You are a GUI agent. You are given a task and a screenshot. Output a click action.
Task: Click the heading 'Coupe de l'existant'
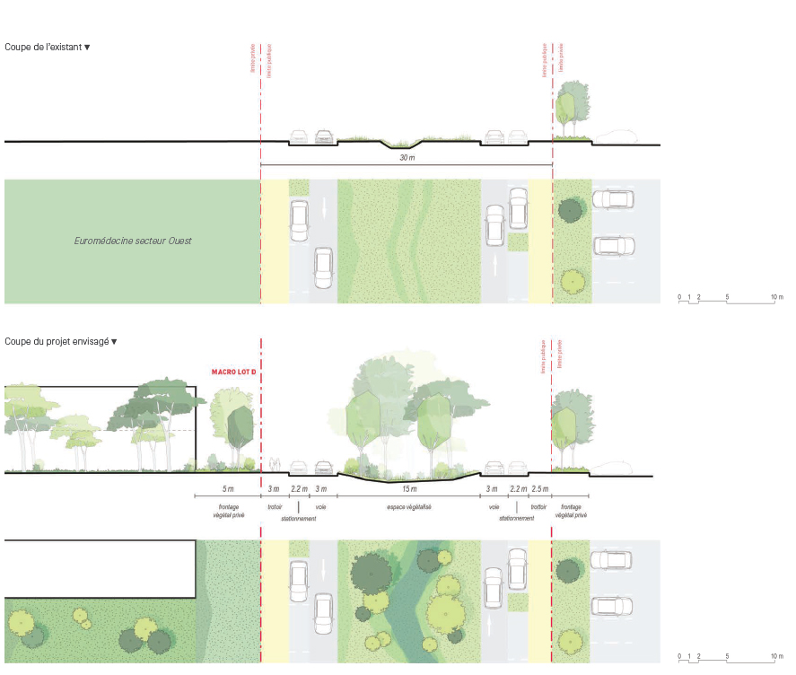(x=45, y=46)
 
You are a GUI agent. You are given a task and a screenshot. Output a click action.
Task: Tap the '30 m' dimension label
(x=407, y=158)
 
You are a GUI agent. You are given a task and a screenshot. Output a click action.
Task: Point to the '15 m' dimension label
(x=409, y=489)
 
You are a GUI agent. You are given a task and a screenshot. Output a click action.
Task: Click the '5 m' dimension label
(x=227, y=489)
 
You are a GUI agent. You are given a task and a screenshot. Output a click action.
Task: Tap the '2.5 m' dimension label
(x=539, y=489)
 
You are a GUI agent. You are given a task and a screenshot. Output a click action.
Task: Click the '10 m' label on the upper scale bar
(x=776, y=297)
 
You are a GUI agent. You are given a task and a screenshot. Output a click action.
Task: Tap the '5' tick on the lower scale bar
(x=727, y=658)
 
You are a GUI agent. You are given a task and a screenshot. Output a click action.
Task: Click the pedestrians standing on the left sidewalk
(x=273, y=464)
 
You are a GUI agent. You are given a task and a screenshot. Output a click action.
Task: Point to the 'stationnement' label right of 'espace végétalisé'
(x=518, y=518)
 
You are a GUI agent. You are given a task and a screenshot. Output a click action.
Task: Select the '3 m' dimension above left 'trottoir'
(x=274, y=489)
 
